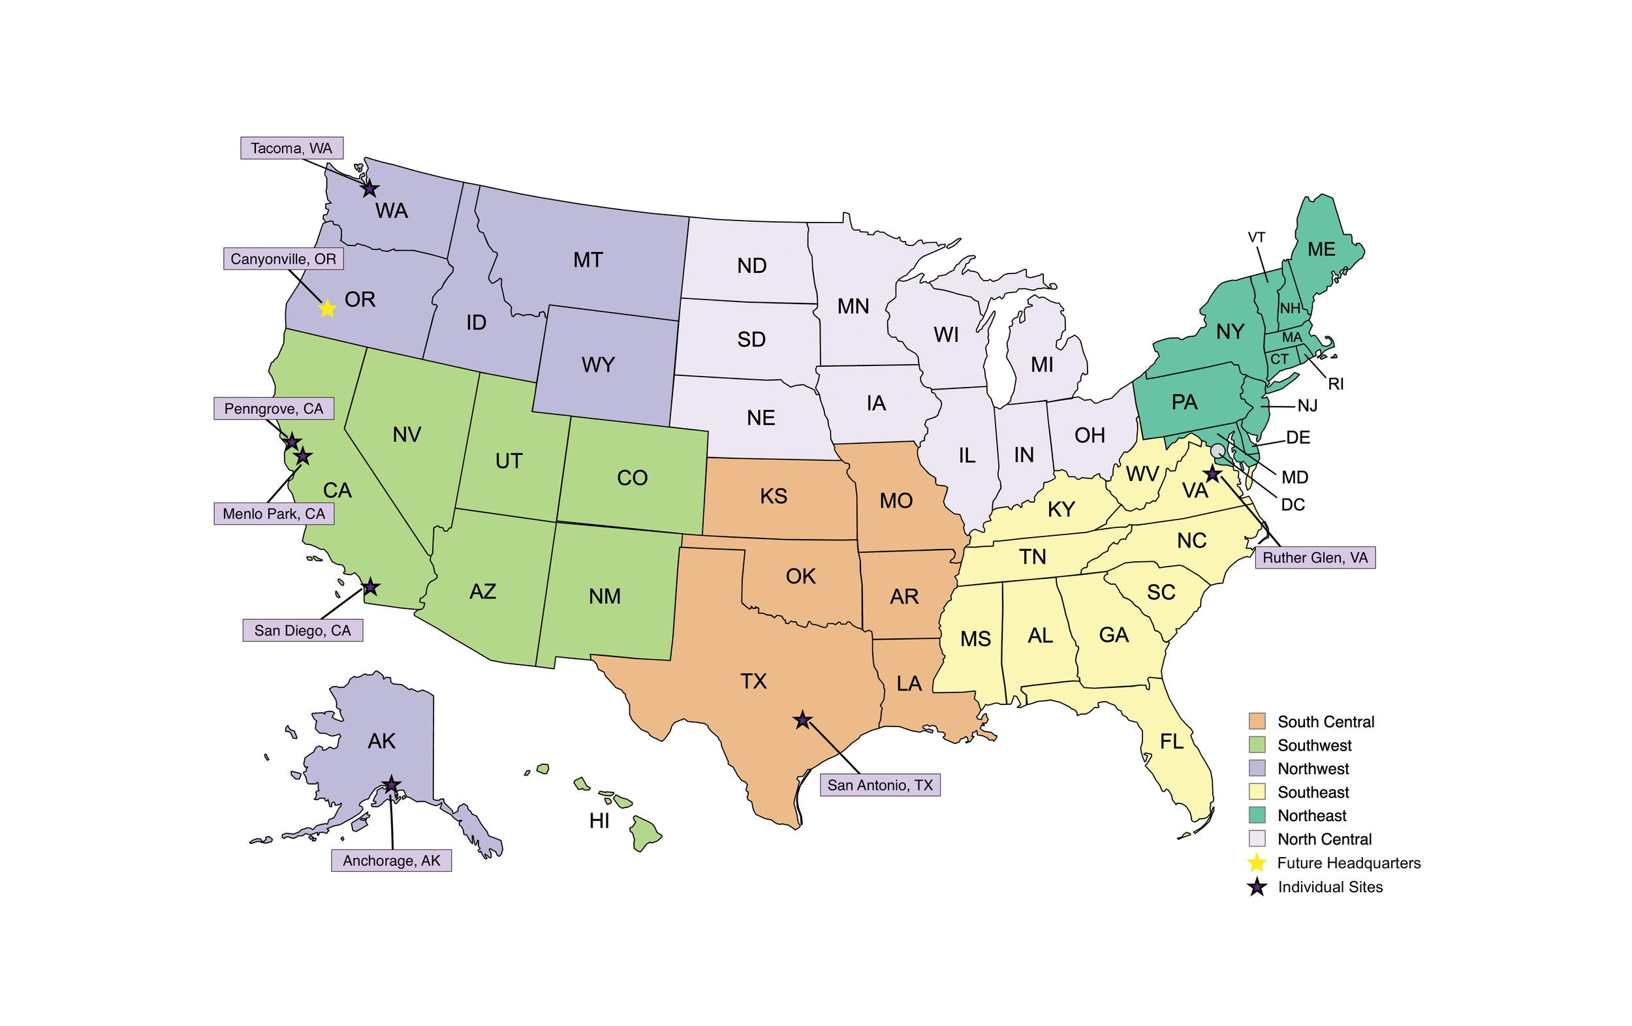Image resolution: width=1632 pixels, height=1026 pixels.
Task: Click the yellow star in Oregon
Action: click(327, 309)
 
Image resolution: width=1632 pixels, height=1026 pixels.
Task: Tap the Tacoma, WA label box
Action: click(291, 148)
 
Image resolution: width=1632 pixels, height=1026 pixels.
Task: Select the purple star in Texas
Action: click(802, 721)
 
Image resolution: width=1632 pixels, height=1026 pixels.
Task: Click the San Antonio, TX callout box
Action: click(880, 785)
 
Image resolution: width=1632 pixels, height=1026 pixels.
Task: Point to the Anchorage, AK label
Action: click(391, 861)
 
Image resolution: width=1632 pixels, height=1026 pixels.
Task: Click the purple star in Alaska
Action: click(391, 785)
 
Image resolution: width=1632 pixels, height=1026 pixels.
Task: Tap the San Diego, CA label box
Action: click(302, 630)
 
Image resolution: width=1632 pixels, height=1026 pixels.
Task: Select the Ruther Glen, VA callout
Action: click(1315, 557)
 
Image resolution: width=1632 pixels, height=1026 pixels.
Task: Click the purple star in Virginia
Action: click(1212, 475)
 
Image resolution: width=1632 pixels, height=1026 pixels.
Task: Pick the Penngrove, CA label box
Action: click(274, 409)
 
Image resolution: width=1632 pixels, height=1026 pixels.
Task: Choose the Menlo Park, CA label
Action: click(274, 514)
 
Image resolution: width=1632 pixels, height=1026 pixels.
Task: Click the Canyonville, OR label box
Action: click(283, 259)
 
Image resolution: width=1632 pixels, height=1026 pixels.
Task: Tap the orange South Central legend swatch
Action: click(1257, 721)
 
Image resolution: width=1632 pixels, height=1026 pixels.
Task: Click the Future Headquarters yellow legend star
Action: click(1257, 863)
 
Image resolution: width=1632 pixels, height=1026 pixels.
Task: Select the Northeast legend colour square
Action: click(1257, 815)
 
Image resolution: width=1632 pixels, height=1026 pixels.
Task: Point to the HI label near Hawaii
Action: click(599, 820)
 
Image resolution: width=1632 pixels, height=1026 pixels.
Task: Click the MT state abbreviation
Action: click(588, 260)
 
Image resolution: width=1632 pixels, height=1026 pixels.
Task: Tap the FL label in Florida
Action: click(1172, 741)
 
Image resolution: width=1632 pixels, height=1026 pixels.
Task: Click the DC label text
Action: click(1293, 505)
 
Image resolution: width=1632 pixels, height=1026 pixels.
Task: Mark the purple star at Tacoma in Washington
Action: click(369, 189)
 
